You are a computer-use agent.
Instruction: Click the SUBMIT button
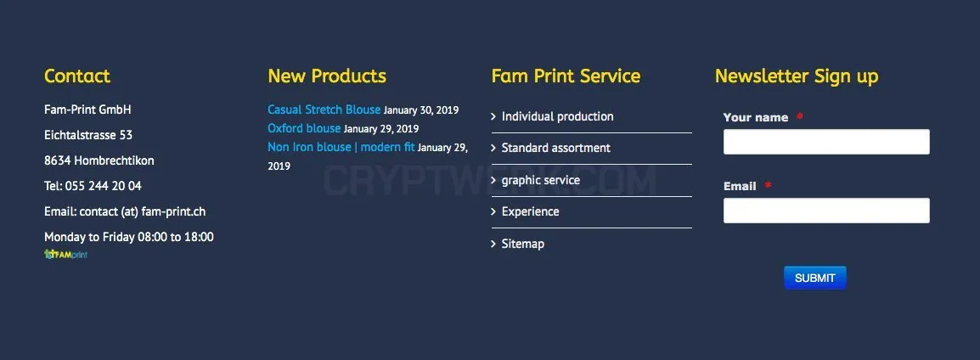(815, 278)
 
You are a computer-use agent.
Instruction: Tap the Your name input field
(826, 142)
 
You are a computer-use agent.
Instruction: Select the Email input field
(826, 211)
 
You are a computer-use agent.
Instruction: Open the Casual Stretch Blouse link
(324, 110)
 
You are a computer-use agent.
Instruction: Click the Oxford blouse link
(304, 129)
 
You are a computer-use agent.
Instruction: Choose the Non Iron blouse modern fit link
(341, 148)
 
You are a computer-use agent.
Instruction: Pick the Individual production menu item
(557, 117)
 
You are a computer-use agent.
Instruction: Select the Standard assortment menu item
(556, 148)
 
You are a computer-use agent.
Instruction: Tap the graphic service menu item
(541, 181)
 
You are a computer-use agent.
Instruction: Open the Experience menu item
(531, 212)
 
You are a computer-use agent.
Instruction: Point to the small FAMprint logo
(65, 255)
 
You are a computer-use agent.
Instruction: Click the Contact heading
(77, 76)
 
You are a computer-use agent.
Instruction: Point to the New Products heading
(327, 76)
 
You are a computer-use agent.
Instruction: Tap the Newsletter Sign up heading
(797, 76)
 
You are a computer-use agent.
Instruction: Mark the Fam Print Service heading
(566, 76)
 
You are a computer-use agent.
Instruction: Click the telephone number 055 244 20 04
(103, 186)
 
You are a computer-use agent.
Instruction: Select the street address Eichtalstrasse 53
(88, 135)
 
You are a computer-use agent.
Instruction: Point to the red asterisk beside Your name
(799, 117)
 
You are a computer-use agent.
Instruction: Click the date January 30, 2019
(421, 110)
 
